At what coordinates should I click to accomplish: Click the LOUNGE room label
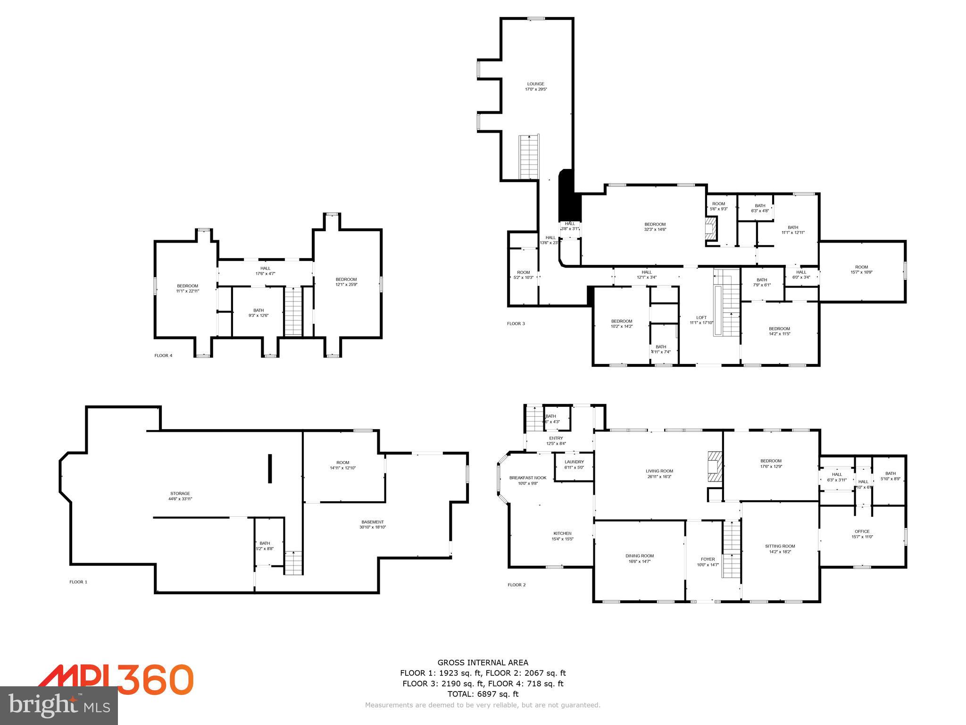535,84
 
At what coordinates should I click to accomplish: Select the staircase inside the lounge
529,157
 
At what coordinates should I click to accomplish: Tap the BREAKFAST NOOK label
527,478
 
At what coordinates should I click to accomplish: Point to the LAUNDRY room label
574,462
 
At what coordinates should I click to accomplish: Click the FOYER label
708,559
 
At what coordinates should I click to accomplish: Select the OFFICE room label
862,531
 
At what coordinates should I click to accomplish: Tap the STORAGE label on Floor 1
180,494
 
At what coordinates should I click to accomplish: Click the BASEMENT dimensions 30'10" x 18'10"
372,527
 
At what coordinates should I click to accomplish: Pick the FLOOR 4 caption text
163,355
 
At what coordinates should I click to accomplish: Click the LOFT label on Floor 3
701,318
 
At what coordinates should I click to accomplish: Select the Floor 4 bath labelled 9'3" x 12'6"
258,312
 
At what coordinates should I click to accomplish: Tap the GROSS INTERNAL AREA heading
483,663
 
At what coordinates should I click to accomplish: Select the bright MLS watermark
59,705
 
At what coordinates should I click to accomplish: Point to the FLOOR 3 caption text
516,324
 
